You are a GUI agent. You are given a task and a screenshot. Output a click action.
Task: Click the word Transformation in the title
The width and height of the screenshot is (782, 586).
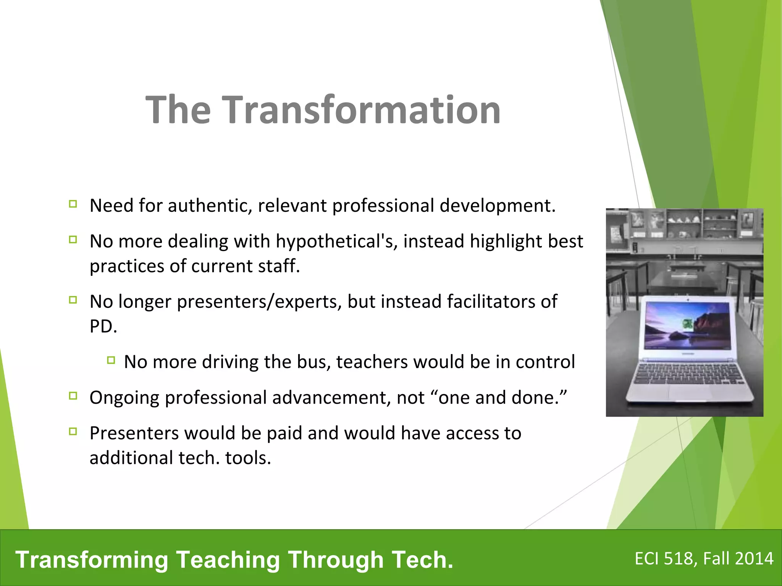(x=361, y=110)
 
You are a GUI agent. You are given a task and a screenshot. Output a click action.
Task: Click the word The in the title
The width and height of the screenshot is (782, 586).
(x=178, y=110)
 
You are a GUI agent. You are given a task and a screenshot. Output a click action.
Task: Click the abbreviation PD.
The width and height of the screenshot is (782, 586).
(x=102, y=327)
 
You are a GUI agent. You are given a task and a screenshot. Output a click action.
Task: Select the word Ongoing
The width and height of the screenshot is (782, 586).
(x=124, y=398)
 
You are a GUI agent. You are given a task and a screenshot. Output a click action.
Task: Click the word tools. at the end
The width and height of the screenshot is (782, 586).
(x=248, y=458)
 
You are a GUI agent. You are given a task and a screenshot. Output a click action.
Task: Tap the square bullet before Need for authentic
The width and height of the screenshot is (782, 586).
(x=73, y=204)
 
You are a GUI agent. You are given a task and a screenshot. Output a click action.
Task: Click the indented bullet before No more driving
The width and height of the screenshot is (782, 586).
(x=111, y=360)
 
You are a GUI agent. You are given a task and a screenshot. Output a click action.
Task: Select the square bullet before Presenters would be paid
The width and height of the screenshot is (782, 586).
(x=73, y=431)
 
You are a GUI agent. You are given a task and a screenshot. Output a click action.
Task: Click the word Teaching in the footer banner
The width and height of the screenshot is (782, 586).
(x=228, y=560)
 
